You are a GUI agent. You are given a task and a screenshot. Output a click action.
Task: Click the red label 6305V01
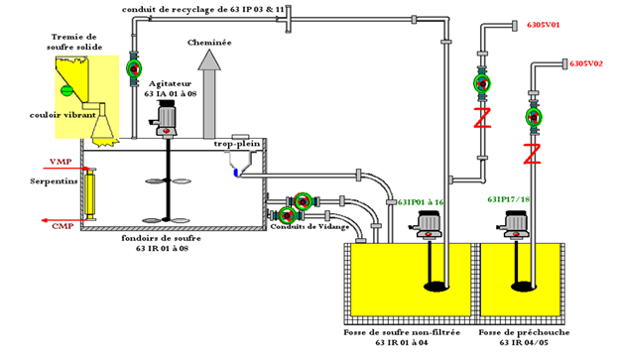(545, 23)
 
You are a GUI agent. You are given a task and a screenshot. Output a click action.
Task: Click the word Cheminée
(209, 44)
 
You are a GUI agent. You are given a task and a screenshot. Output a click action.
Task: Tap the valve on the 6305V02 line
(533, 118)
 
